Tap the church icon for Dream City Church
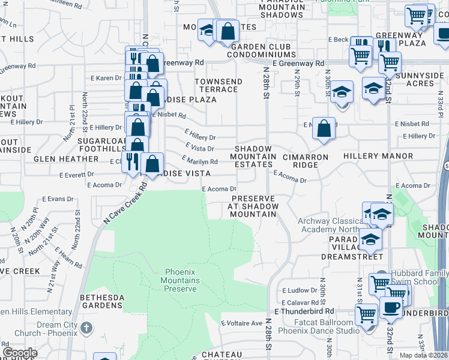87,328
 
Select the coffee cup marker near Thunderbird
391,308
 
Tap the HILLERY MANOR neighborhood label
378,156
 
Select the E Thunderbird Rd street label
304,311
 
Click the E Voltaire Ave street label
241,323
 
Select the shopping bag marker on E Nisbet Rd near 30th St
324,128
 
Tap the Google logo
20,353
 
